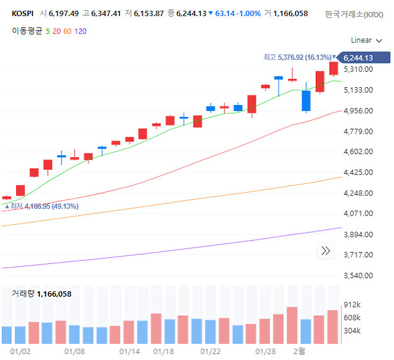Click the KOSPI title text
23,13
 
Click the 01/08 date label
74,352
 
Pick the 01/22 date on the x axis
211,352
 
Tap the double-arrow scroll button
326,251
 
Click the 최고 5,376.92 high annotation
297,57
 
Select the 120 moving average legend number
81,30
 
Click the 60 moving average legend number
67,30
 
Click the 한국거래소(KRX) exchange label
355,14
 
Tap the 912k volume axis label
353,304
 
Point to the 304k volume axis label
353,331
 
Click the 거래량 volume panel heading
23,294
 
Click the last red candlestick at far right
333,69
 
